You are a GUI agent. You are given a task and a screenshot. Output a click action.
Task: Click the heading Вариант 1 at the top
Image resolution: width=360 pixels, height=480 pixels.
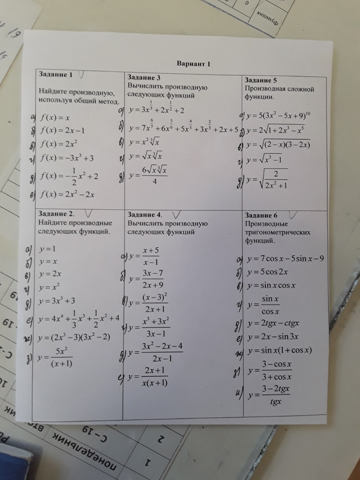[x=193, y=64]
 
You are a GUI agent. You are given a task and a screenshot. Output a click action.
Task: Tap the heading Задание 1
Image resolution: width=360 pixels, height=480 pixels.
[x=55, y=74]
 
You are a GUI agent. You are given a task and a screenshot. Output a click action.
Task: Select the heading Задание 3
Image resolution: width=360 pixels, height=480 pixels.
[x=144, y=78]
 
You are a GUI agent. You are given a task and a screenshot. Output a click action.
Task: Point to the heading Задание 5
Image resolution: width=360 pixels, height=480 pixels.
[x=261, y=80]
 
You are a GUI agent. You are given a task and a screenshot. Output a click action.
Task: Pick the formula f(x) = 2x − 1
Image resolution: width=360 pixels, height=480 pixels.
[x=62, y=130]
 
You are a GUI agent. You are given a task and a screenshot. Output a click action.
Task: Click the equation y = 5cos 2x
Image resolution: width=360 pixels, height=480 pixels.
[x=267, y=272]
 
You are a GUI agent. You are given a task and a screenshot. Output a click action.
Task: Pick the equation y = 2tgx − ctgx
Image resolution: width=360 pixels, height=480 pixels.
[x=273, y=323]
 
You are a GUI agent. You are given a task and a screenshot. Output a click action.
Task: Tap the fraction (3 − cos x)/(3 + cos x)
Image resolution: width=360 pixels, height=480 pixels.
[x=277, y=370]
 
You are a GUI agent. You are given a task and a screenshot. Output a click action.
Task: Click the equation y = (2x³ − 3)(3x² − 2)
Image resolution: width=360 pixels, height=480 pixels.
[x=74, y=337]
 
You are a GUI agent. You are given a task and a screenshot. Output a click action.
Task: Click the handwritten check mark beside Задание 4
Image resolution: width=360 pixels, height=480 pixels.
[x=177, y=215]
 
